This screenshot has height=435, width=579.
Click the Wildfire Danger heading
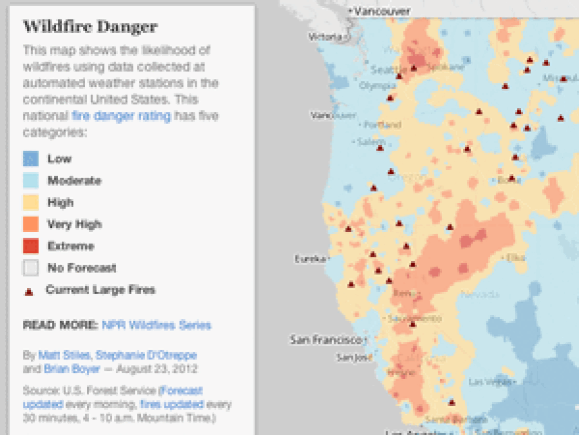tap(90, 27)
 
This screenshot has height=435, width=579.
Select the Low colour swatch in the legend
tap(31, 159)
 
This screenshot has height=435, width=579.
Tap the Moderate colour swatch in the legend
tap(31, 181)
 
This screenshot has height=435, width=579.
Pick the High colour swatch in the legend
tap(31, 202)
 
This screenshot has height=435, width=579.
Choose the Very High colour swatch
tap(31, 224)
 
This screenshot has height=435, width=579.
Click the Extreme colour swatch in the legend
tap(31, 246)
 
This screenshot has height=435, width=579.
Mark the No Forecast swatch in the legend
tap(31, 268)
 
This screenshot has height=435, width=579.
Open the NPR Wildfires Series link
tap(157, 325)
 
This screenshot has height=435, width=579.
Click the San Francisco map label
tap(326, 340)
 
